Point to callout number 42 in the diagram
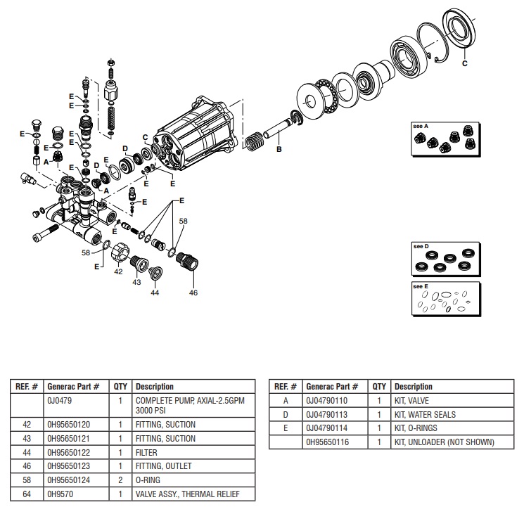[119, 271]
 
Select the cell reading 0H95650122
[69, 453]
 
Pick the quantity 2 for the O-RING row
[120, 481]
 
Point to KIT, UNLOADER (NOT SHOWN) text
[444, 442]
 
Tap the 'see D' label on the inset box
[421, 247]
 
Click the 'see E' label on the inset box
[421, 287]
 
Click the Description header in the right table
[413, 386]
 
